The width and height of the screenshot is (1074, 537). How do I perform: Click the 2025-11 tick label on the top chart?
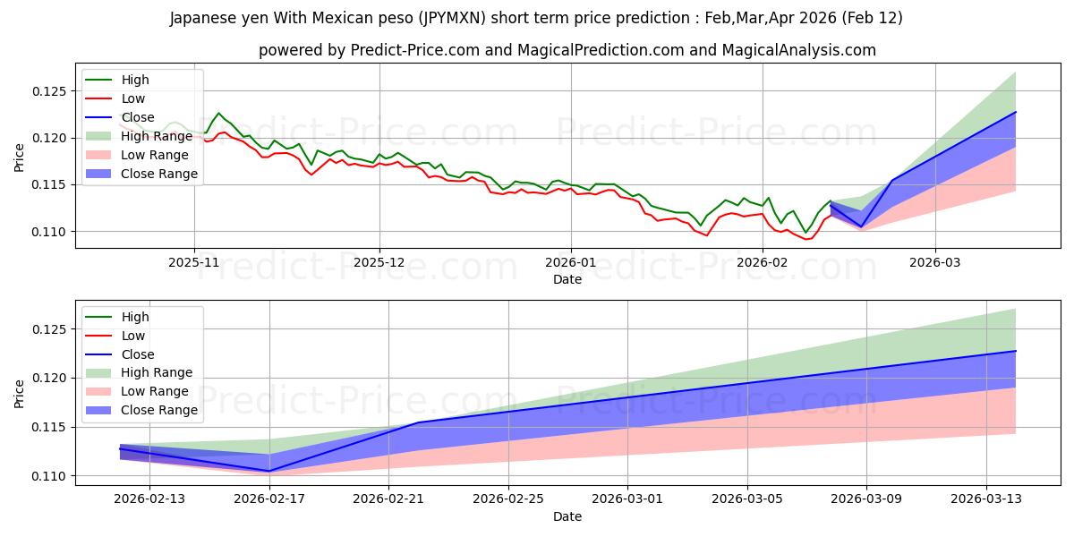194,264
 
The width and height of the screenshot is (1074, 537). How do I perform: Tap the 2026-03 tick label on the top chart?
935,264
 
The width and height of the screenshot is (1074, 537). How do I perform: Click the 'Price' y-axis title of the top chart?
20,158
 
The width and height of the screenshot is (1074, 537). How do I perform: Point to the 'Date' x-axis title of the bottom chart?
567,516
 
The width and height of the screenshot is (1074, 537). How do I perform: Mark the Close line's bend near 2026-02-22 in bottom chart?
418,422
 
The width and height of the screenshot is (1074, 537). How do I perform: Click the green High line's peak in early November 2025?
217,113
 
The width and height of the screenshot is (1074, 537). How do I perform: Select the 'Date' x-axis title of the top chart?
567,279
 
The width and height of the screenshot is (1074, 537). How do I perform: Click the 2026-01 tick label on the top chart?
571,264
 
